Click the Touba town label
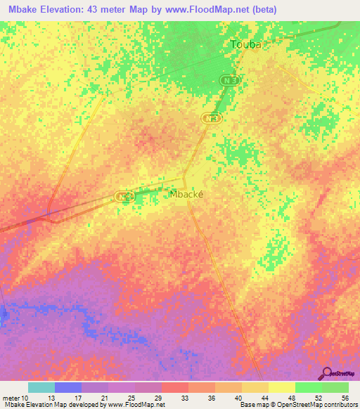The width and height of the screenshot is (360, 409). [246, 44]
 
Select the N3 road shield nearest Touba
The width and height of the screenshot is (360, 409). [226, 82]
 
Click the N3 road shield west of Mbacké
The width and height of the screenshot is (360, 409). [125, 197]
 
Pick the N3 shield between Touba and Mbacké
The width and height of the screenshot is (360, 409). [210, 119]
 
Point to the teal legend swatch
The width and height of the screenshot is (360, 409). [41, 387]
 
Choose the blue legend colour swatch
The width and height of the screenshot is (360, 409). [68, 387]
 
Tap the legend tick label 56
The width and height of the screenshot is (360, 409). [345, 397]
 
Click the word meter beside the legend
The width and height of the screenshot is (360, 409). [11, 397]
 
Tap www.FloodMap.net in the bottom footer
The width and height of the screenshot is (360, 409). [140, 405]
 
